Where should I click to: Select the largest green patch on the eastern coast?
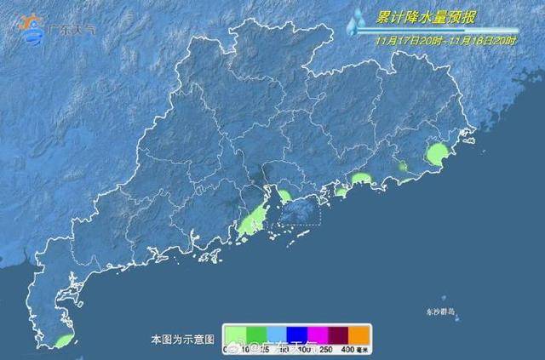tap(436, 155)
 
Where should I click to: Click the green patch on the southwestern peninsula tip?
tap(63, 341)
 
